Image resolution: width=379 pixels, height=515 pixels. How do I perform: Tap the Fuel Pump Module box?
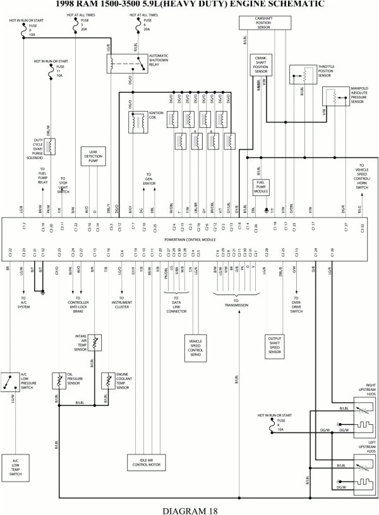(x=262, y=187)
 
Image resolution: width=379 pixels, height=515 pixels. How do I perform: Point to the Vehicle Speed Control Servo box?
(x=195, y=349)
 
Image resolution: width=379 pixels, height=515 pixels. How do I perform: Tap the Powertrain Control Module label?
(x=190, y=240)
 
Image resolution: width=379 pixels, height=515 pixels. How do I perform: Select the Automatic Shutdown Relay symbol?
(x=124, y=62)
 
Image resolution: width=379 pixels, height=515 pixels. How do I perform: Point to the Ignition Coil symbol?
(x=136, y=122)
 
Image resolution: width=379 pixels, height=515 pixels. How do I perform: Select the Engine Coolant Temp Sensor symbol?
(x=107, y=381)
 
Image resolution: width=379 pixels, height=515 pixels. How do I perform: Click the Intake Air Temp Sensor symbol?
(x=95, y=342)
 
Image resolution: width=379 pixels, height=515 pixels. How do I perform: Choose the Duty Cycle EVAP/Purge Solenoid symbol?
(x=51, y=146)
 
